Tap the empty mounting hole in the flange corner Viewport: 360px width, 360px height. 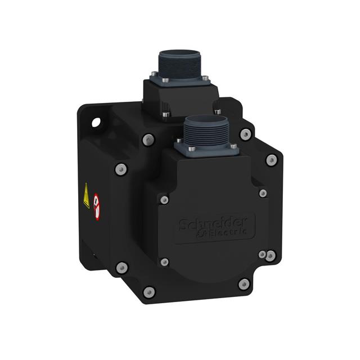(96, 121)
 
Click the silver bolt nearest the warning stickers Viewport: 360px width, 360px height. (120, 169)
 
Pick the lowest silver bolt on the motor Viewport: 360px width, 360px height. (149, 291)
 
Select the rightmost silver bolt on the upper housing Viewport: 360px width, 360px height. (271, 160)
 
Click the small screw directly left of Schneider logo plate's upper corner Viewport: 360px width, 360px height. (164, 200)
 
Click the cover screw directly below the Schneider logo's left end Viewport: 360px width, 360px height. (164, 262)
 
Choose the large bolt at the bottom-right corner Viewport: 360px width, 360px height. (244, 284)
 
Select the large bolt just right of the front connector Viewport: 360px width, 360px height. (245, 134)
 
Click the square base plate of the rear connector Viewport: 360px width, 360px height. (177, 90)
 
